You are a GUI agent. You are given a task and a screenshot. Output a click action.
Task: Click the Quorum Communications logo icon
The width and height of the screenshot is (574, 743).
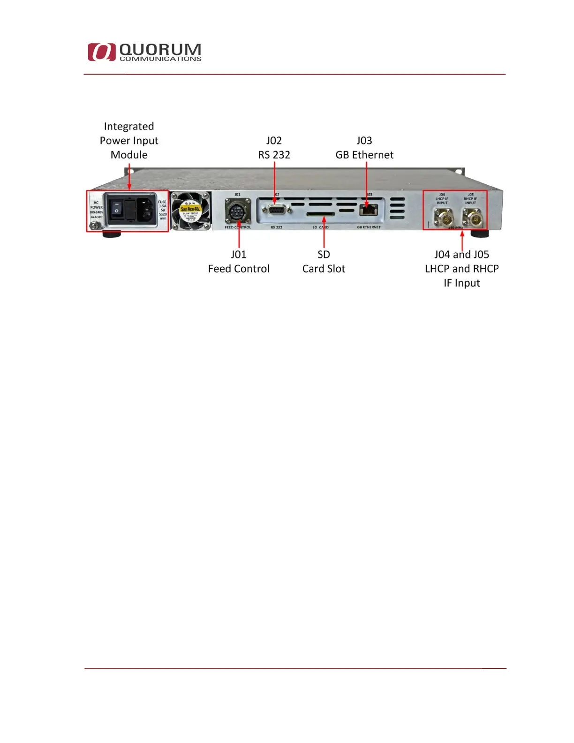[x=101, y=52]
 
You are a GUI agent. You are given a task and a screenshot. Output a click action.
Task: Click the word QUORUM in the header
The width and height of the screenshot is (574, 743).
[x=160, y=49]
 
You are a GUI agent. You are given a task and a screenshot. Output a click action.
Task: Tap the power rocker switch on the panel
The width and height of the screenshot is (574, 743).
[x=116, y=210]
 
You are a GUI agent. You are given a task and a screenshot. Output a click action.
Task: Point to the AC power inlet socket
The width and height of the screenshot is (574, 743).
[x=146, y=209]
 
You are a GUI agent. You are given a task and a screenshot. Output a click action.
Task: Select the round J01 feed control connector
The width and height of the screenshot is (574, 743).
[x=238, y=211]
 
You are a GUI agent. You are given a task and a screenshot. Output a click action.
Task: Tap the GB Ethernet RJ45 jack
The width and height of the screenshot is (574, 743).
[x=369, y=210]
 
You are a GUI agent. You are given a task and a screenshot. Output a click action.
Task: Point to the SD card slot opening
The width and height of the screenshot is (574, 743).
[x=320, y=214]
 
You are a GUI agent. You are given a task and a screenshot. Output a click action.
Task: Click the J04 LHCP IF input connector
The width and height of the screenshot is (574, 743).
[x=442, y=217]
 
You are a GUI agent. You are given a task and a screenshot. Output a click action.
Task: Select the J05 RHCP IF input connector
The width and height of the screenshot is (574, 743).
[x=471, y=217]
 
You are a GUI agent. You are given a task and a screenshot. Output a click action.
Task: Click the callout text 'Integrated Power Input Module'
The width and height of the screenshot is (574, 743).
[x=129, y=140]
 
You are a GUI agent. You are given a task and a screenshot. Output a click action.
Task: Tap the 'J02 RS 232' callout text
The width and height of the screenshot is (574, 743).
[x=274, y=147]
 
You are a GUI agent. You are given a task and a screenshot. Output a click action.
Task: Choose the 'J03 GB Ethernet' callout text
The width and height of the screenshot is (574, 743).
[x=364, y=147]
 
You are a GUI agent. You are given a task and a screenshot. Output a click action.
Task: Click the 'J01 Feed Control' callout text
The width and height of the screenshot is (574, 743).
[x=239, y=261]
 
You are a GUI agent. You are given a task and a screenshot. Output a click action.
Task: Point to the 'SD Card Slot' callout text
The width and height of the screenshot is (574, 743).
[x=324, y=261]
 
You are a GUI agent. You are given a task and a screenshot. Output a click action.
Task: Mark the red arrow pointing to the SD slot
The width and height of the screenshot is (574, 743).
[x=324, y=232]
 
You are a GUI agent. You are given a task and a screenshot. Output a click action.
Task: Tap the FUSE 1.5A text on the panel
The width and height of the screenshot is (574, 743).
[x=162, y=204]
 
